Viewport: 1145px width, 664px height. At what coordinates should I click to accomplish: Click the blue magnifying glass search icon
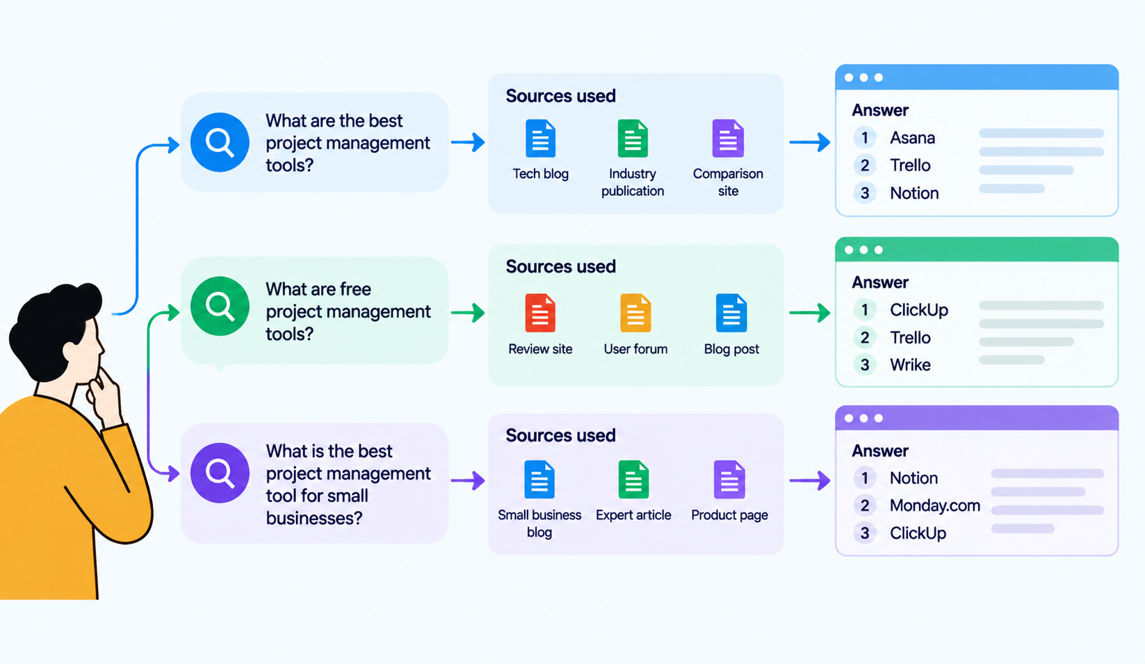pos(220,142)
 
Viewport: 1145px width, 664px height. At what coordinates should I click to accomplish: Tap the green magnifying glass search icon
pos(220,306)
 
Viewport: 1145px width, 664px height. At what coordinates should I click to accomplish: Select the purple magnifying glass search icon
pos(220,473)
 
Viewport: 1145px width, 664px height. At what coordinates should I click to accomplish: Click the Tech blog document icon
pos(540,138)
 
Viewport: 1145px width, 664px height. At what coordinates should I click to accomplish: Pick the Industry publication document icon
pos(633,138)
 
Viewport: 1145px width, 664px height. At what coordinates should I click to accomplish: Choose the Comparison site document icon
pos(728,138)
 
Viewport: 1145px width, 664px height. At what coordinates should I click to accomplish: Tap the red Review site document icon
pos(539,313)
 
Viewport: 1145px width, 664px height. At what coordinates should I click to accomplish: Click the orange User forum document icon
pos(635,313)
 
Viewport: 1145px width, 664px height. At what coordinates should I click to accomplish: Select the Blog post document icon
pos(731,313)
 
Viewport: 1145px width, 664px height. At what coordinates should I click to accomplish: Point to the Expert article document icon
pos(633,480)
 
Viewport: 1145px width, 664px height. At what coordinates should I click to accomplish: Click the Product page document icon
pos(729,480)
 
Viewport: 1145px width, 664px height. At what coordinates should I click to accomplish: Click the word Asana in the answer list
pos(912,138)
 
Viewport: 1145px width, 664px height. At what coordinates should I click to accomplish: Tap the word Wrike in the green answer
pos(910,364)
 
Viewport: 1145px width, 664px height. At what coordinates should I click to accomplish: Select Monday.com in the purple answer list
pos(935,505)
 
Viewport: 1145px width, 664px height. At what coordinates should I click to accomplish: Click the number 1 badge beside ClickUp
pos(865,310)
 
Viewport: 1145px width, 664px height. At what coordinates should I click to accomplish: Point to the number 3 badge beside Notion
pos(865,193)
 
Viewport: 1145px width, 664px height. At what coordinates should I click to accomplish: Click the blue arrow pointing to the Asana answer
pos(810,142)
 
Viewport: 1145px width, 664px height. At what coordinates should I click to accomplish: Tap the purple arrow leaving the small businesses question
pos(468,480)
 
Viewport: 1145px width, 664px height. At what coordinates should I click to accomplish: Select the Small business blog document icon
pos(539,480)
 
